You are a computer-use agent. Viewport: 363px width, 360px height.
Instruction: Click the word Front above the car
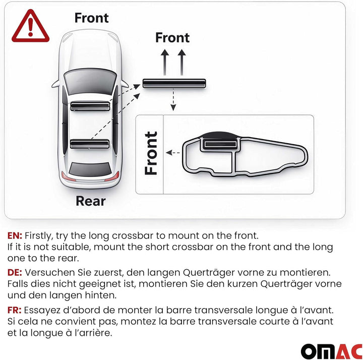tap(91, 18)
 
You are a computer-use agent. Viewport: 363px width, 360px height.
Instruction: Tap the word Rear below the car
tap(91, 201)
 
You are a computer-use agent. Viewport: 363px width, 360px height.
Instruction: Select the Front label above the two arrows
tap(172, 37)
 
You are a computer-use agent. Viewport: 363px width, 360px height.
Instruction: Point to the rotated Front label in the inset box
tap(151, 153)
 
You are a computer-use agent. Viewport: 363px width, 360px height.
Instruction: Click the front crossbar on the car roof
tap(90, 106)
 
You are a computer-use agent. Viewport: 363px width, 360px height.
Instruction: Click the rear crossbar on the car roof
tap(90, 144)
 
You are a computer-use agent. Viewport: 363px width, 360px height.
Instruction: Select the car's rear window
tap(90, 169)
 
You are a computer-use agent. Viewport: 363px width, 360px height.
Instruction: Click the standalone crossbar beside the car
tap(174, 83)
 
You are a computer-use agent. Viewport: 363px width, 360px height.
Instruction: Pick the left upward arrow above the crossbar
tap(164, 62)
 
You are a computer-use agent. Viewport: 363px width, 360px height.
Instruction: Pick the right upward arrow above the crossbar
tap(181, 62)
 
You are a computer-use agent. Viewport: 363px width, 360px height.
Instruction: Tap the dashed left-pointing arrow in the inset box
tap(173, 153)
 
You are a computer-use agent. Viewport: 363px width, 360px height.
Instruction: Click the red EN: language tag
tap(15, 235)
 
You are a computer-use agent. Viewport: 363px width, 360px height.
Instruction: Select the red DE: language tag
tap(15, 272)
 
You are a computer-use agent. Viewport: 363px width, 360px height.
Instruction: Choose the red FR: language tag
tap(14, 310)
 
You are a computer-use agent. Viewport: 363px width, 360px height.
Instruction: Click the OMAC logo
tap(332, 351)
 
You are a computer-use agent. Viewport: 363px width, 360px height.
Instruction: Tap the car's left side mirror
tap(55, 84)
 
